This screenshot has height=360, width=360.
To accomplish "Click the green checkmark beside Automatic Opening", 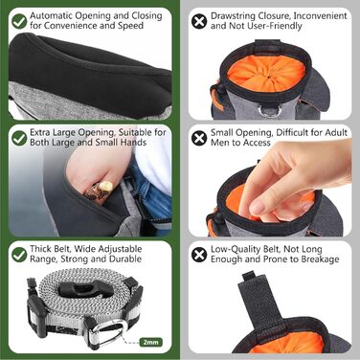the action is [19, 21].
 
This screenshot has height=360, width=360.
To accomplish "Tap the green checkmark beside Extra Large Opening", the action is [19, 138].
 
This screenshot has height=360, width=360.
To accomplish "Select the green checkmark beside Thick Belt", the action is [19, 255].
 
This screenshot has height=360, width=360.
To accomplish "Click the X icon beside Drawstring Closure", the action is [199, 21].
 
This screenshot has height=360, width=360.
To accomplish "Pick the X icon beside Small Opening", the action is [199, 138].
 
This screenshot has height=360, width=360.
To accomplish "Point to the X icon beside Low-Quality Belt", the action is [199, 255].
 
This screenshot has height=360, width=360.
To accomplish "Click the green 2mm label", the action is [151, 343].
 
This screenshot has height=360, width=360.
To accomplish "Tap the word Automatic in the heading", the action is [52, 15].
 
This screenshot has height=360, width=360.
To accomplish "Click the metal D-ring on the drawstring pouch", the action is [269, 111].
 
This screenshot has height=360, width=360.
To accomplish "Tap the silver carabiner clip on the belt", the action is [111, 333].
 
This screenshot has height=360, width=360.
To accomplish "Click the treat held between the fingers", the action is [100, 191].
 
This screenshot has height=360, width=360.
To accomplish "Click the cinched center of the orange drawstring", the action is [269, 77].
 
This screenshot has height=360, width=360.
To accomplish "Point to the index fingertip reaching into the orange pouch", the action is [257, 209].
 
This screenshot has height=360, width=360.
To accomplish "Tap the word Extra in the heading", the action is [40, 132].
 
